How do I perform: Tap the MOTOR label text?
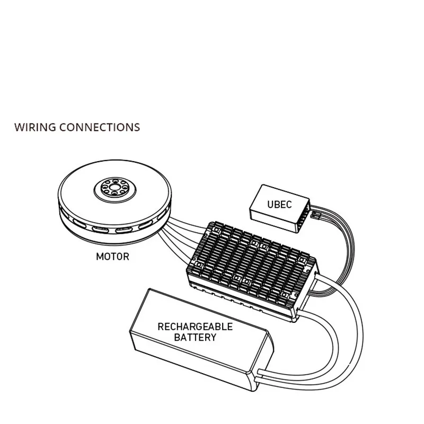tap(112, 258)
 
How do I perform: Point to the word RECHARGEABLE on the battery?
tap(188, 326)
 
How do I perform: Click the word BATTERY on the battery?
tap(188, 337)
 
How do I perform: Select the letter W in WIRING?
tap(19, 128)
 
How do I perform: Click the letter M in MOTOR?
tap(100, 258)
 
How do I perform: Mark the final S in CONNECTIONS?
tap(137, 128)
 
